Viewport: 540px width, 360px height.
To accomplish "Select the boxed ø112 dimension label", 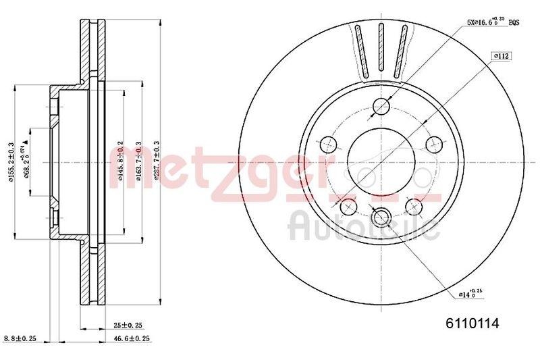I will coord(501,55).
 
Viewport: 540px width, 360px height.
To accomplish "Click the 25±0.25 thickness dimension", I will coord(127,326).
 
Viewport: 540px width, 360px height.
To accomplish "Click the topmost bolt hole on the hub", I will coord(381,107).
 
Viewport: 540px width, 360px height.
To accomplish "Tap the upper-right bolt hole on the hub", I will coord(433,144).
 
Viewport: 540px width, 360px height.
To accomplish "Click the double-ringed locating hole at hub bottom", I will coord(381,217).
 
